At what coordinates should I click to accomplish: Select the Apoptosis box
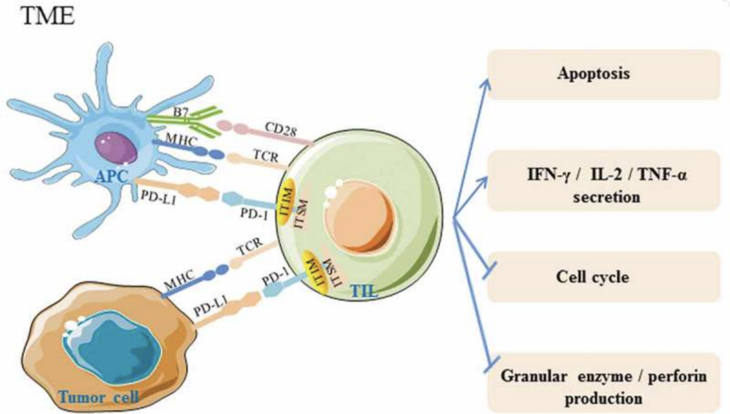coord(593,74)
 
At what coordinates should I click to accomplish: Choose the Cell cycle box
coord(593,277)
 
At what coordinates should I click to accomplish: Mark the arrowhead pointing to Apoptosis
coord(485,81)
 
